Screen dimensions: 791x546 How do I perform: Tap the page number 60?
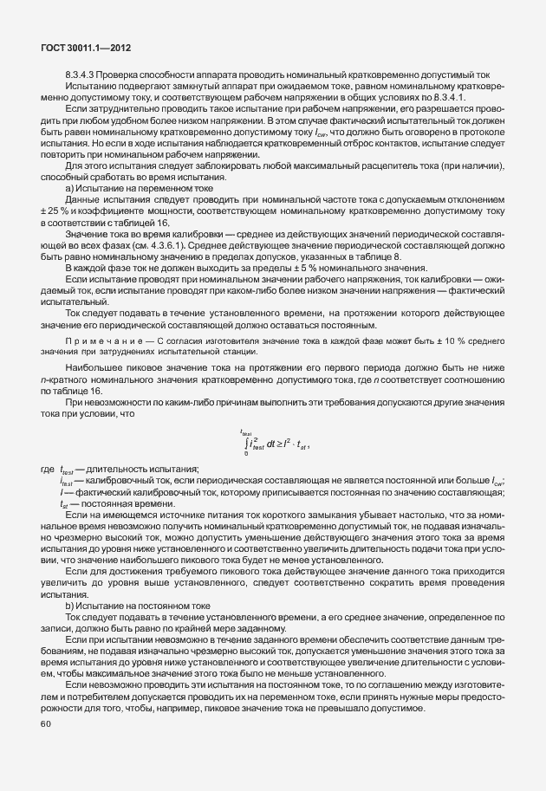[x=45, y=724]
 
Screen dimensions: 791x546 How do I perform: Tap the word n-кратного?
[x=65, y=379]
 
